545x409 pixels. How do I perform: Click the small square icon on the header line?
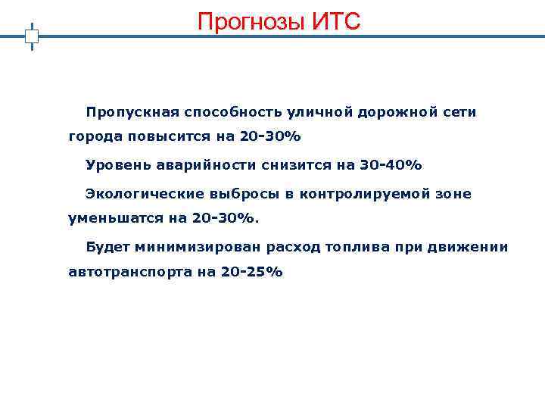(x=32, y=36)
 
